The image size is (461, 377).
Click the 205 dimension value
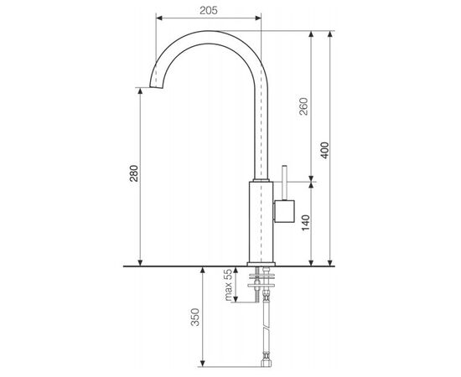coord(209,11)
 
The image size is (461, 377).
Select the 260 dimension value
coord(303,106)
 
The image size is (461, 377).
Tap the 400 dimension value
coord(324,150)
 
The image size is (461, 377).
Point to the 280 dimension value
coord(134,173)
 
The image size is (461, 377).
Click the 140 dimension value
coord(305,223)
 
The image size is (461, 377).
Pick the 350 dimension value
coord(195,317)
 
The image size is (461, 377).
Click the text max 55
coord(229,285)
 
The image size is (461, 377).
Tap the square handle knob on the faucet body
coord(284,210)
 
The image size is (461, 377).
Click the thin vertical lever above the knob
coord(284,183)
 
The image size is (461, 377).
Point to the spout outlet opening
coord(157,87)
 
